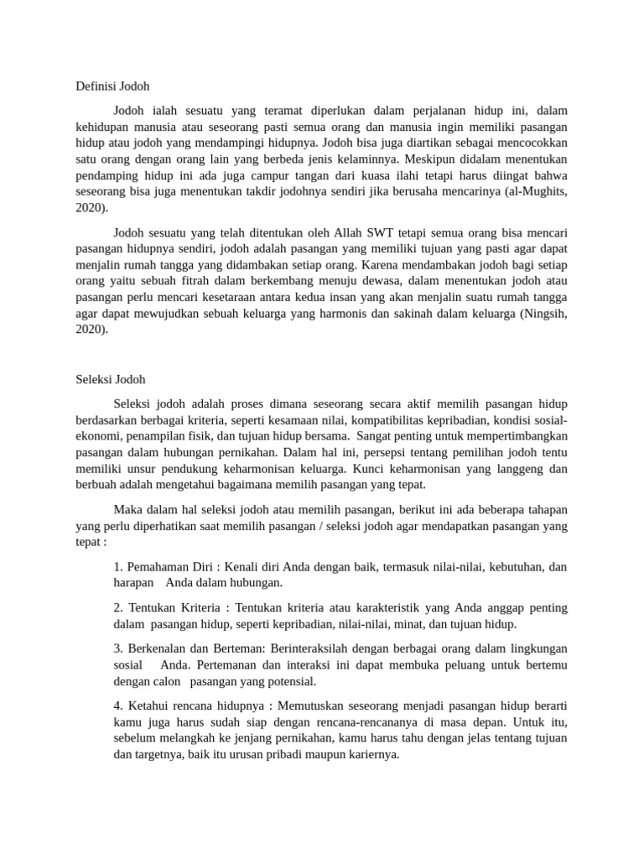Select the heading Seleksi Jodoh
pos(111,379)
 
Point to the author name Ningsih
pos(542,314)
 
